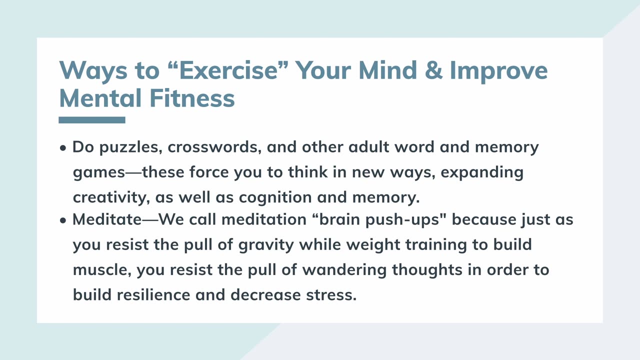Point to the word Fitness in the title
pyautogui.click(x=192, y=97)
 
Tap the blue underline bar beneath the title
pyautogui.click(x=92, y=120)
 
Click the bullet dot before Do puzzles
pyautogui.click(x=63, y=148)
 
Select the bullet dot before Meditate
pyautogui.click(x=63, y=220)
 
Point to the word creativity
pyautogui.click(x=110, y=197)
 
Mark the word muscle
pyautogui.click(x=102, y=269)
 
